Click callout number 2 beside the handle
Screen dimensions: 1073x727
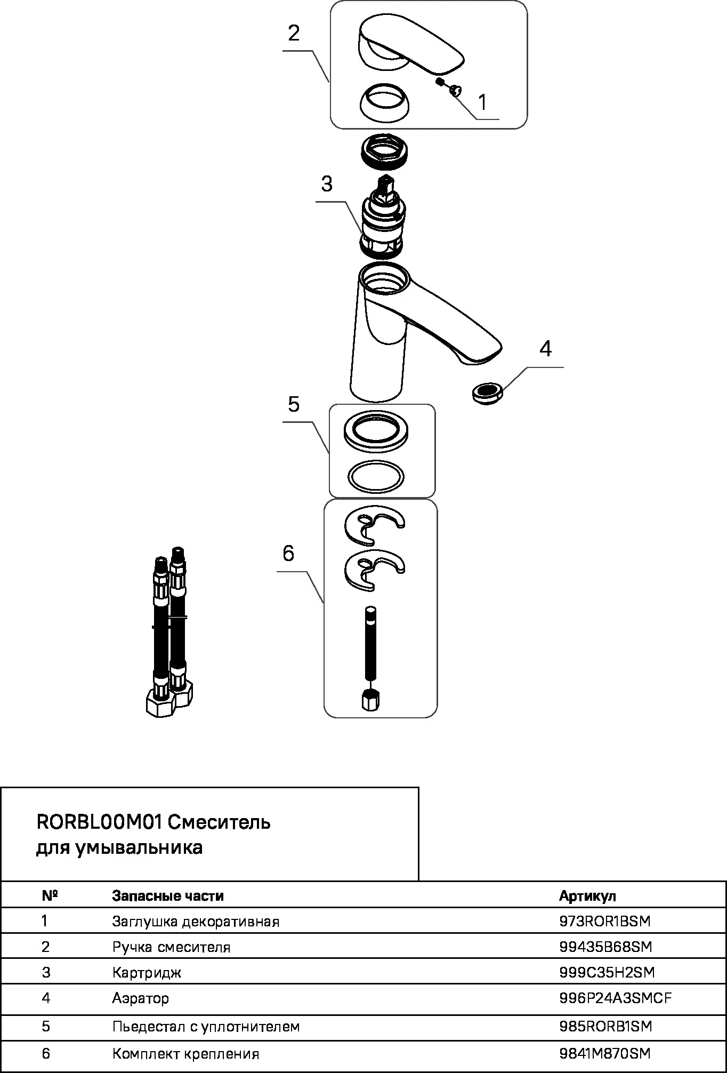[294, 34]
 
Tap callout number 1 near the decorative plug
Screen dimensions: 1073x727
[482, 102]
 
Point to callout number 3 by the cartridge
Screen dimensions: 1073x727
[327, 184]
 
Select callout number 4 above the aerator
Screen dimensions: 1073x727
[545, 349]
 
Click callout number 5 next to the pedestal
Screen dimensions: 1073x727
[294, 405]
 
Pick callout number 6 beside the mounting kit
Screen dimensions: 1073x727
[288, 554]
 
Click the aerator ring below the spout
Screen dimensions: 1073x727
[487, 394]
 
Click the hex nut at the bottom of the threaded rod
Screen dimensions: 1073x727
[370, 699]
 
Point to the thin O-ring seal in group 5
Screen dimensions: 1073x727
[376, 476]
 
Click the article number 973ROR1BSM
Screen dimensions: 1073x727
[605, 921]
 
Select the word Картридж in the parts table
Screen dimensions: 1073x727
[147, 972]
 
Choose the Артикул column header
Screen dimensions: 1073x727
[587, 895]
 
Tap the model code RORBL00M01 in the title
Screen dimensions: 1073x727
[99, 822]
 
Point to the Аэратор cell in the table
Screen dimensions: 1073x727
[140, 998]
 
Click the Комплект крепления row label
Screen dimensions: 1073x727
[185, 1054]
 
